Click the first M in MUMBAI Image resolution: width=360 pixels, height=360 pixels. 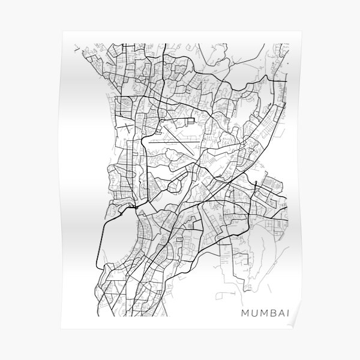click(x=244, y=313)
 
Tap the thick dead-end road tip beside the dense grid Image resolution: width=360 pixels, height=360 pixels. click(x=256, y=181)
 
